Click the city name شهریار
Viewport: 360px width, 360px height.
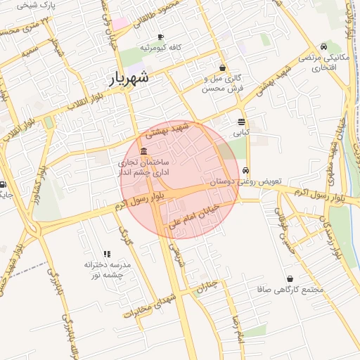click(130, 78)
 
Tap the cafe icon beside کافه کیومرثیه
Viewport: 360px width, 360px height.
click(160, 37)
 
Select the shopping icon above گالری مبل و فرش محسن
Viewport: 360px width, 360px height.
click(223, 68)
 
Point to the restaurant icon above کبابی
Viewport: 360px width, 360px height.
click(241, 122)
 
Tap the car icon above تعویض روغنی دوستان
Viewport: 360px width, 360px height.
click(245, 171)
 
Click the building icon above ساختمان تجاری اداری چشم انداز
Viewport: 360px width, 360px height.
click(143, 153)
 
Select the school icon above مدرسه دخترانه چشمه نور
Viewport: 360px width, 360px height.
click(107, 254)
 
